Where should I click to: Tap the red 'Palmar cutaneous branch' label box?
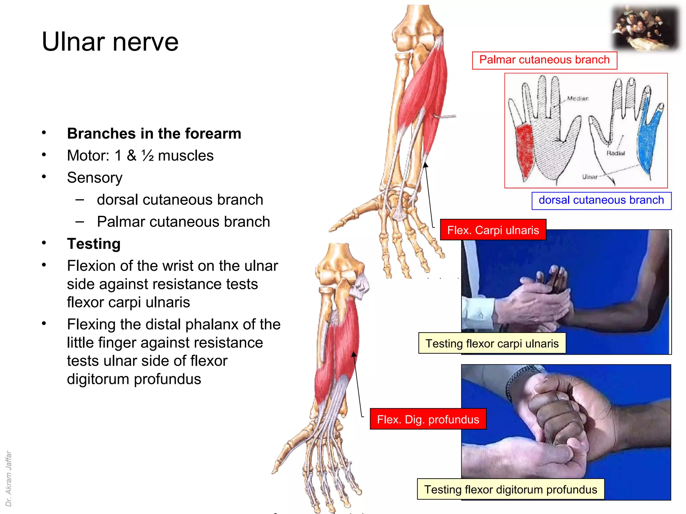pos(544,60)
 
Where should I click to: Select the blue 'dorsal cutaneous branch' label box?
pos(601,200)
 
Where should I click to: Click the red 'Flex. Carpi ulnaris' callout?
pos(493,230)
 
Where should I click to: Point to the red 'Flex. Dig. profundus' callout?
pos(428,419)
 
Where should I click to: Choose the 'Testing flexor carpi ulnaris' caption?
pos(492,344)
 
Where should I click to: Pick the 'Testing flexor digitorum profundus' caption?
pos(510,490)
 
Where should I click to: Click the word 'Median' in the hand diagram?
pos(578,98)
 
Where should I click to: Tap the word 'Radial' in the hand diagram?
pos(616,153)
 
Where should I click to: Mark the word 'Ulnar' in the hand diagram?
pos(590,177)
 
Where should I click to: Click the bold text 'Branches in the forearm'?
pos(154,134)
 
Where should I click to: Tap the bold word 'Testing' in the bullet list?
pos(94,244)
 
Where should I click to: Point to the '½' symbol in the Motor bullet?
pos(147,156)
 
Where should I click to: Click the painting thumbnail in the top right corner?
pos(645,28)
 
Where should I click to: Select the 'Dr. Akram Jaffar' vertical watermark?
pos(9,479)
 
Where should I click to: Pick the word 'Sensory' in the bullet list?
pos(95,178)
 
